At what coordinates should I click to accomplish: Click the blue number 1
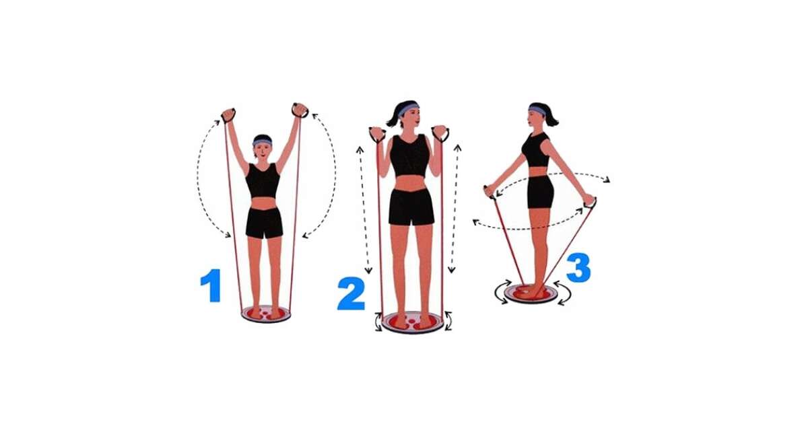[x=211, y=285]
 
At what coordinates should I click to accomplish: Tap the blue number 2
[x=351, y=293]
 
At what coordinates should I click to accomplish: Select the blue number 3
[x=578, y=267]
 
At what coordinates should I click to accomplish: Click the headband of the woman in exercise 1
[x=262, y=142]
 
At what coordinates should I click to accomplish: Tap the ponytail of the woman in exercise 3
[x=551, y=116]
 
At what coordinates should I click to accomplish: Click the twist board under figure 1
[x=266, y=314]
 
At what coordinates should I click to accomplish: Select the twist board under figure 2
[x=413, y=322]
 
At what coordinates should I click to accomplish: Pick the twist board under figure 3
[x=531, y=294]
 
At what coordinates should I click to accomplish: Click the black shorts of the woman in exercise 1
[x=265, y=223]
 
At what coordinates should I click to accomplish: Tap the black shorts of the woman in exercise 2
[x=411, y=207]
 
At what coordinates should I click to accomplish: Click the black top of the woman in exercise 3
[x=536, y=149]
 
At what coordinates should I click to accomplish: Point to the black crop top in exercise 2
[x=410, y=155]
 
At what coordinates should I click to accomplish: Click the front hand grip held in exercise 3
[x=490, y=192]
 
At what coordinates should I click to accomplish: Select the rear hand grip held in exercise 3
[x=591, y=202]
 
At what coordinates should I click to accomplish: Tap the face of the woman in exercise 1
[x=263, y=151]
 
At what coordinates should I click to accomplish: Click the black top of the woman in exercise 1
[x=263, y=181]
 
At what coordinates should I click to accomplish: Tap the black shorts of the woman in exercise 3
[x=540, y=191]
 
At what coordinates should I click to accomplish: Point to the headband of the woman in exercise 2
[x=407, y=108]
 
